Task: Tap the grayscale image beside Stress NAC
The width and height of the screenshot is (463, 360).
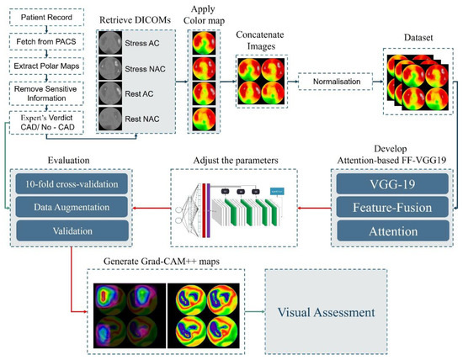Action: point(113,63)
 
